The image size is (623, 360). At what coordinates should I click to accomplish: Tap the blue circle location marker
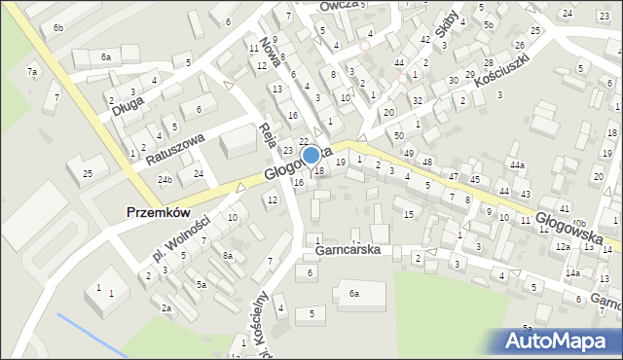point(311,155)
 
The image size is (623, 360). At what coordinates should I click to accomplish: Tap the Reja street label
point(270,133)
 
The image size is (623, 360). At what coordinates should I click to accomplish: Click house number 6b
point(58,27)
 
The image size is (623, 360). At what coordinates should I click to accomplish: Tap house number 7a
point(32,72)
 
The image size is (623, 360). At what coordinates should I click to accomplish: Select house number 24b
point(165,179)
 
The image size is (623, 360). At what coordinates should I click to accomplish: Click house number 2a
point(166,308)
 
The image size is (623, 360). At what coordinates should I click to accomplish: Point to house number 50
point(398,133)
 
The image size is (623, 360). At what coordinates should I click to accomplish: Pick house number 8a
point(227,256)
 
